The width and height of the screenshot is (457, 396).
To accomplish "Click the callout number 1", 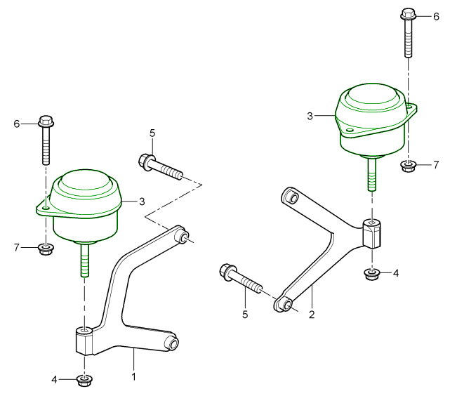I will point(133,377).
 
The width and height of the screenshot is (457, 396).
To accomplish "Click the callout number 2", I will point(311,315).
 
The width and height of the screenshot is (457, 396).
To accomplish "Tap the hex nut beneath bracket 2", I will point(371,273).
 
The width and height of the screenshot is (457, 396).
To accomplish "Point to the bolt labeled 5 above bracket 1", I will point(161,166).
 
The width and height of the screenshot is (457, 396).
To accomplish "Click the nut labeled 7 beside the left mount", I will point(46,248).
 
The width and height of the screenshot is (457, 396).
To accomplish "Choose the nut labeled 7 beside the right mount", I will point(408,166).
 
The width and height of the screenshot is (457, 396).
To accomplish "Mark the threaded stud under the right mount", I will point(370,175).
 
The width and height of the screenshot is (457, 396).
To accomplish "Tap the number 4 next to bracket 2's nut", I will point(396,273).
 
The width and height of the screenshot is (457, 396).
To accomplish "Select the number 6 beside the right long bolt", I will point(435,15).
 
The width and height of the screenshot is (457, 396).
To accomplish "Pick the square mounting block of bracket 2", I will point(373,233).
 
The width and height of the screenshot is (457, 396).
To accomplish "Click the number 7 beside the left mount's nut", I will point(18,248).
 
